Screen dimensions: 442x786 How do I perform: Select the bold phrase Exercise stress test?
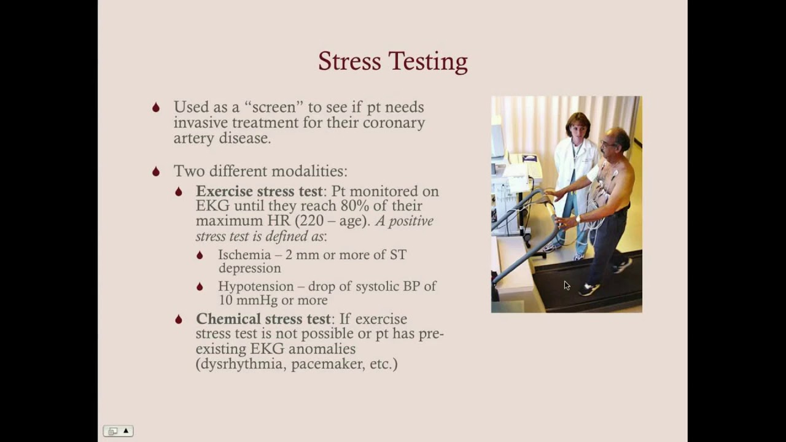click(x=259, y=191)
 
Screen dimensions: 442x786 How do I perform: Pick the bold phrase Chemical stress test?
click(x=263, y=319)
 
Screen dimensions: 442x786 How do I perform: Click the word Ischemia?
click(x=244, y=254)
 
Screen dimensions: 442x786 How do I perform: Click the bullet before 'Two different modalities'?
click(x=156, y=171)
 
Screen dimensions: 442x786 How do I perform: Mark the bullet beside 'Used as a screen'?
click(x=156, y=107)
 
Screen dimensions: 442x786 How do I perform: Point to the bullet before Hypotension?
click(x=200, y=287)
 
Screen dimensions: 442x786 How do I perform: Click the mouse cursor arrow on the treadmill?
click(x=566, y=285)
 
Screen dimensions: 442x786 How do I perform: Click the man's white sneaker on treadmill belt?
click(x=588, y=289)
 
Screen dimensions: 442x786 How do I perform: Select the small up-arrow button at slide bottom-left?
click(x=125, y=431)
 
